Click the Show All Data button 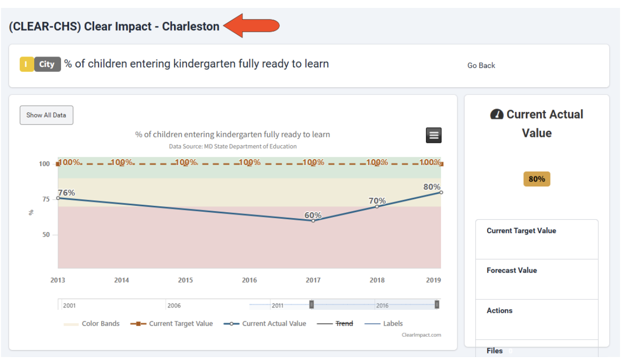coord(46,115)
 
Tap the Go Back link coord(481,65)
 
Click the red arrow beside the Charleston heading coord(251,26)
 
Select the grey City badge coord(47,64)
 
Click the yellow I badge coord(26,64)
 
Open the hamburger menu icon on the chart coord(434,135)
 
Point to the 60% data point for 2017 coord(313,220)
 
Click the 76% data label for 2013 coord(66,193)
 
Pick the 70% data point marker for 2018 coord(377,206)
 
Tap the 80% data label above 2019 coord(432,187)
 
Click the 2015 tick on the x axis coord(186,280)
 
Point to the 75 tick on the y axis coord(46,199)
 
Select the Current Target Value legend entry coord(172,324)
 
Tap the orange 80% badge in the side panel coord(537,179)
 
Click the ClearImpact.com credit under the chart coord(421,335)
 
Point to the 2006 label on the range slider coord(174,305)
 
